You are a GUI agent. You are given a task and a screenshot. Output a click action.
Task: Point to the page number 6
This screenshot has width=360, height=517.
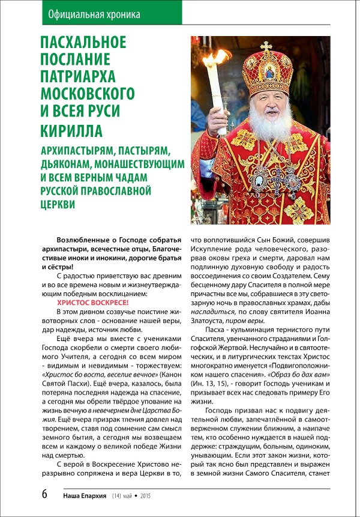44,494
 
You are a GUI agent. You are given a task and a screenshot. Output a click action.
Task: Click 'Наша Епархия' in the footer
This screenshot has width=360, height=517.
85,496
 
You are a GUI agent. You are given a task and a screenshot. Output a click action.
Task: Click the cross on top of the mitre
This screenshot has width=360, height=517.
266,46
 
